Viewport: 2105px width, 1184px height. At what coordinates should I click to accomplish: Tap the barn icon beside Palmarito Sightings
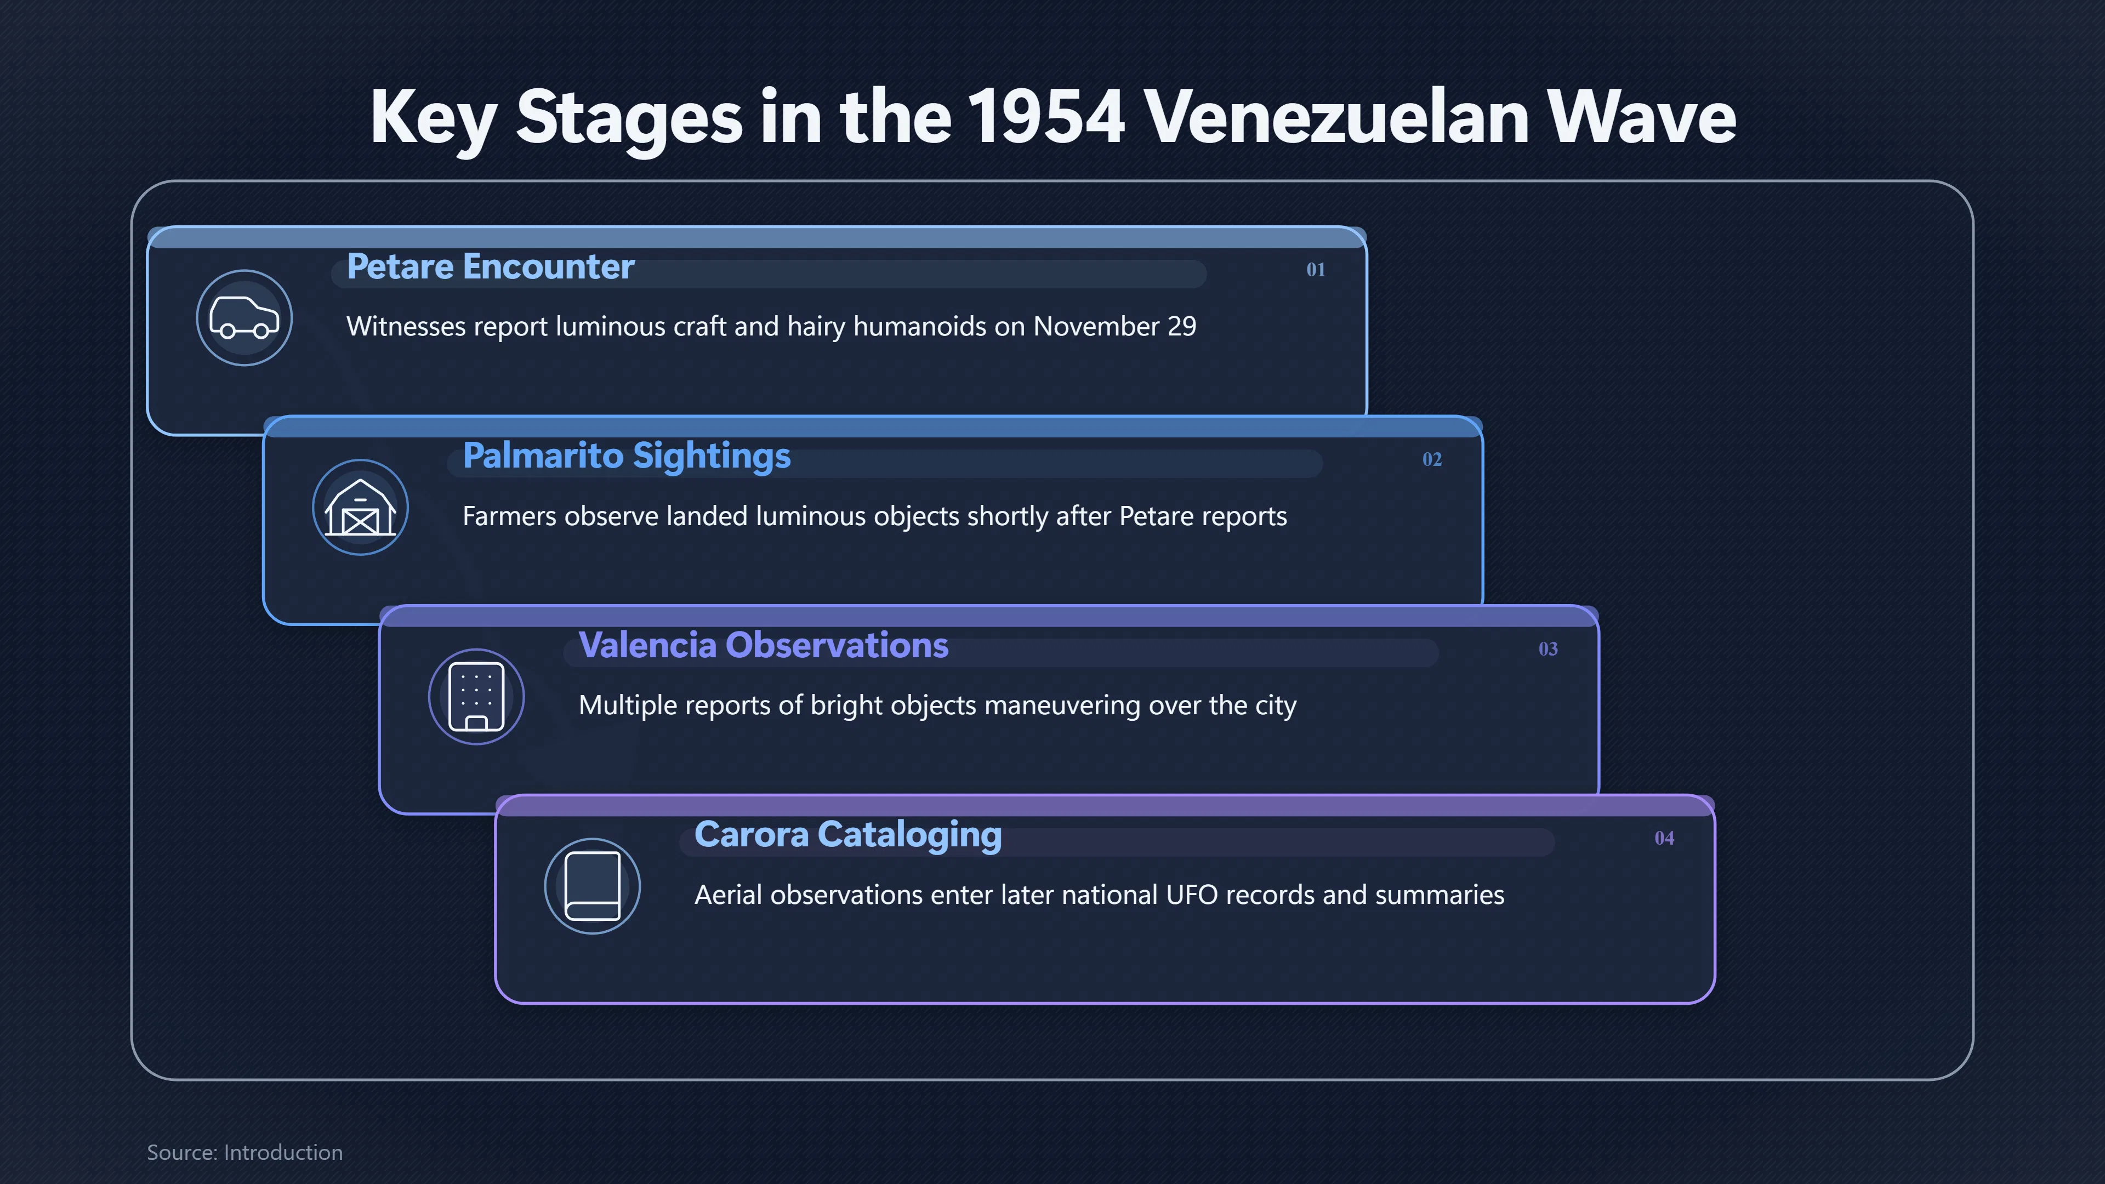pos(360,508)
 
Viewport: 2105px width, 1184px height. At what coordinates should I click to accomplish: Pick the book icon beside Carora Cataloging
pos(593,886)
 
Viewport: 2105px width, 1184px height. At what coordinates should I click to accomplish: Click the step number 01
pos(1316,270)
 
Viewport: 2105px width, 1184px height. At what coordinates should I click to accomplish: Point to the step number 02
pos(1432,459)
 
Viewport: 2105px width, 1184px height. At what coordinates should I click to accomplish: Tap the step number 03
pos(1548,649)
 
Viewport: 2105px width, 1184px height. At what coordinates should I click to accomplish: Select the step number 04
pos(1664,838)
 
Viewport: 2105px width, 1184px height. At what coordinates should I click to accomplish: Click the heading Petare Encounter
pos(490,267)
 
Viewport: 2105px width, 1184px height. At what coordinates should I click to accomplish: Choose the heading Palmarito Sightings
pos(626,457)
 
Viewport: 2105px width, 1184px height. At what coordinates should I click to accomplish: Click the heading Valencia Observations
pos(763,646)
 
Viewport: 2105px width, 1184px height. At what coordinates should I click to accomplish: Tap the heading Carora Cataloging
pos(847,835)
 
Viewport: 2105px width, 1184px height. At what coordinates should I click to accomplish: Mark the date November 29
pos(1114,327)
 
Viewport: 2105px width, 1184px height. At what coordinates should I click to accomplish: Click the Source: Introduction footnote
pos(244,1152)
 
